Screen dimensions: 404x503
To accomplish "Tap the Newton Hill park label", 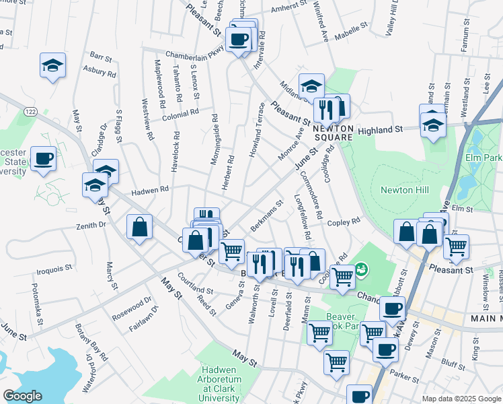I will tap(405, 191).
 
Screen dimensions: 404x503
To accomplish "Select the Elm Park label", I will tap(483, 158).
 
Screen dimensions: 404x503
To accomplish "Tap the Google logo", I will tap(22, 396).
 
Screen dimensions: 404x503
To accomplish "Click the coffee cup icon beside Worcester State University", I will tap(44, 159).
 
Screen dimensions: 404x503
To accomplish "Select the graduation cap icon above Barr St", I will tap(52, 65).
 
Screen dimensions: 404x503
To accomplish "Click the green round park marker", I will tap(362, 269).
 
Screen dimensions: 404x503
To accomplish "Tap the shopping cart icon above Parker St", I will tap(336, 362).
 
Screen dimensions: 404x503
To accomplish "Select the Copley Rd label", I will tap(344, 221).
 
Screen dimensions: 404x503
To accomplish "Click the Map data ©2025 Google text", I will tap(461, 399).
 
